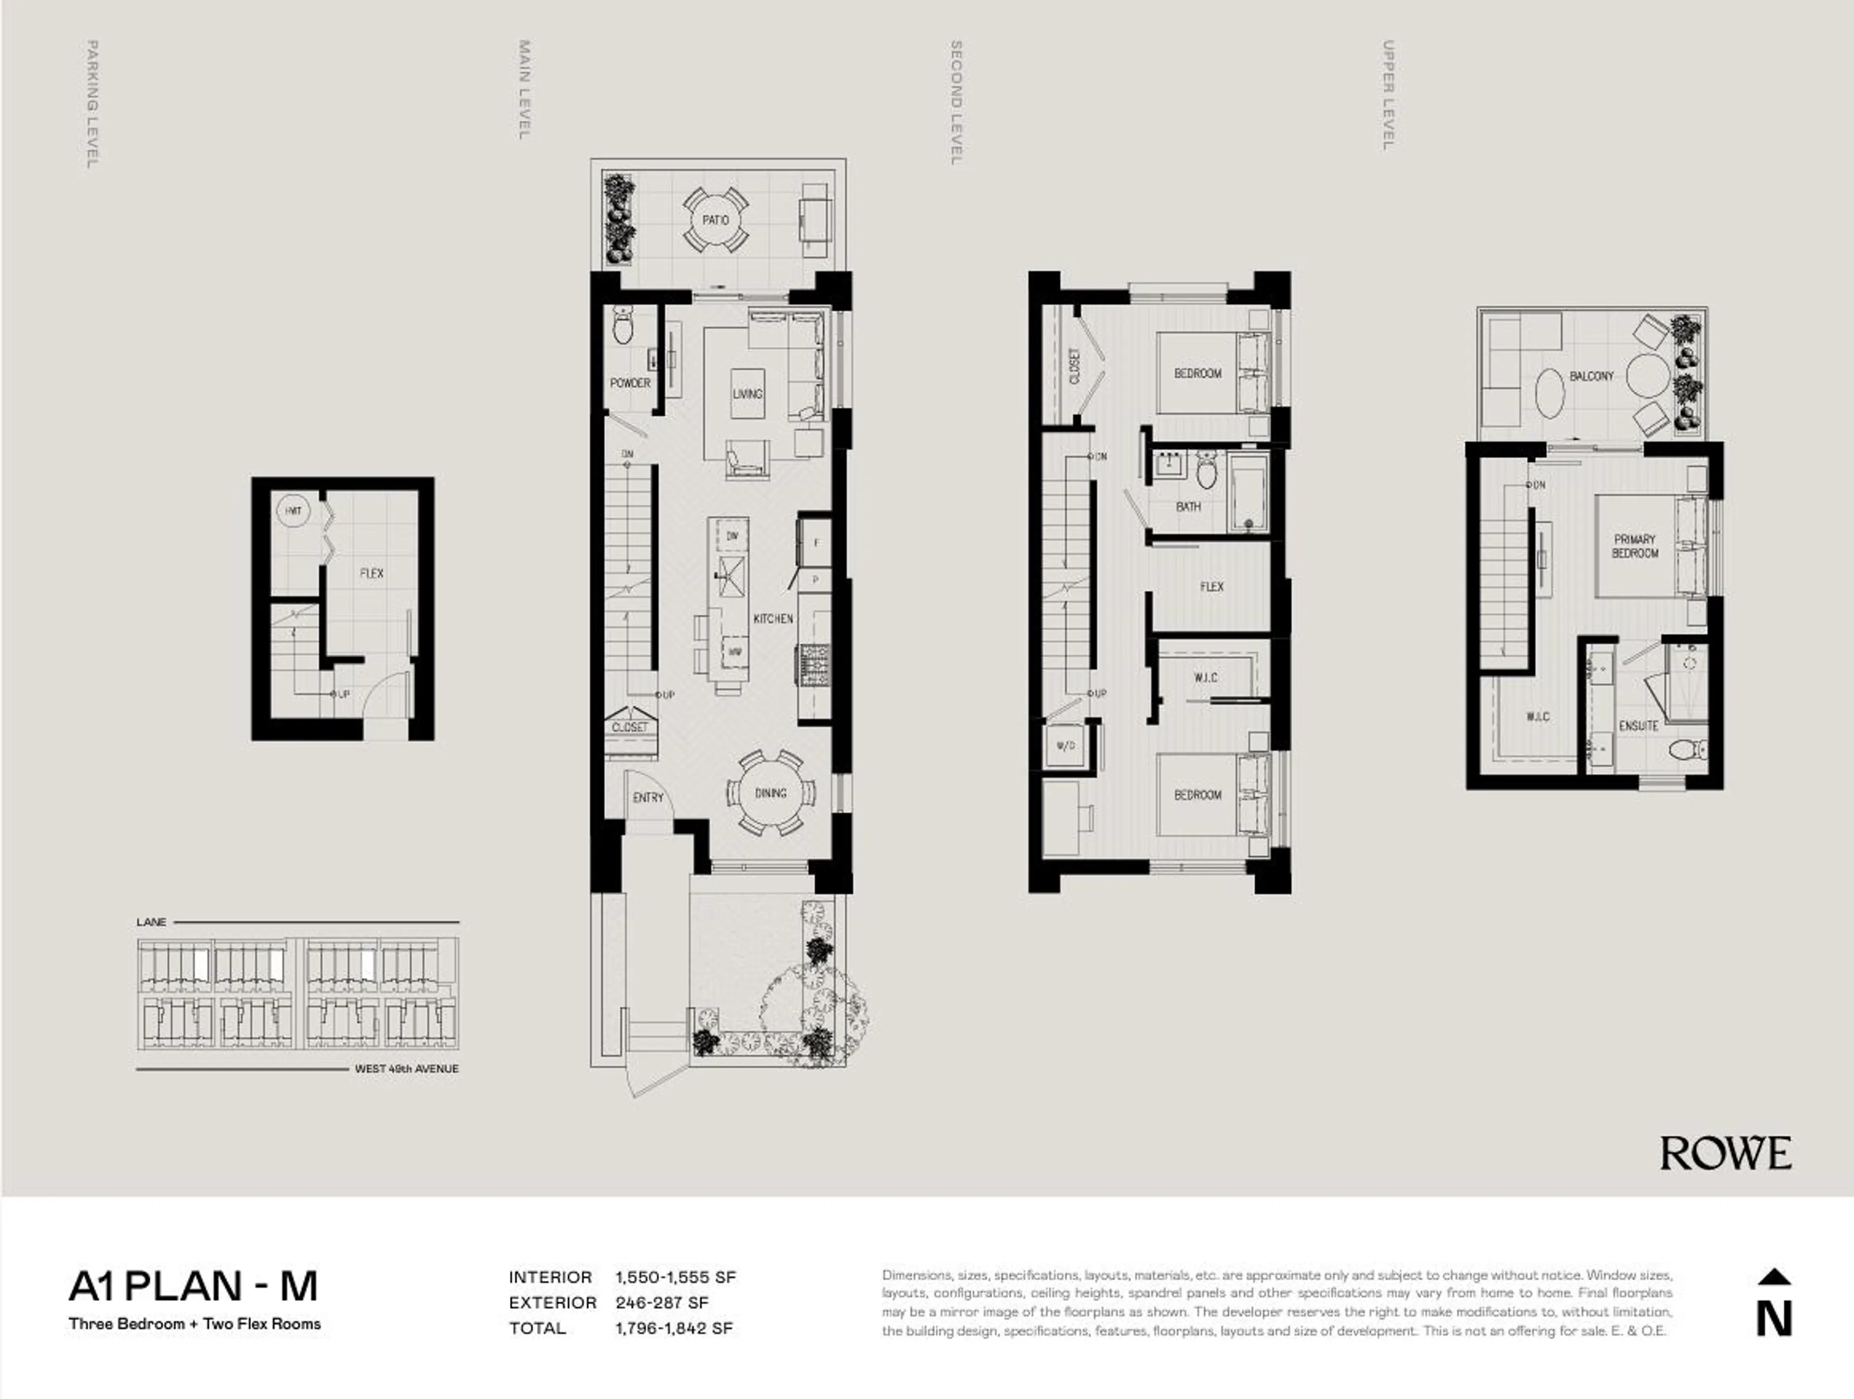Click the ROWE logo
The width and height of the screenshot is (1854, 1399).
(1725, 1153)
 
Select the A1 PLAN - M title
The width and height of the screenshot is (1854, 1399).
(194, 1286)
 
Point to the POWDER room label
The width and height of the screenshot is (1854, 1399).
(630, 383)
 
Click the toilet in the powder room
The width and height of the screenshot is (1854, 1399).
(623, 326)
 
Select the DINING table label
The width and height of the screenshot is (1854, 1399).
(770, 792)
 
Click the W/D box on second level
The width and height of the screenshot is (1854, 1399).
(1065, 745)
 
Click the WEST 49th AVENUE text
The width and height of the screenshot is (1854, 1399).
(407, 1069)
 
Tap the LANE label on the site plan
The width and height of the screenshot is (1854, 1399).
(151, 922)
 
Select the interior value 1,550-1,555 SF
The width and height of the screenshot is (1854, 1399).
(674, 1277)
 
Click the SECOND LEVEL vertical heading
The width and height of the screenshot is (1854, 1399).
(955, 102)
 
